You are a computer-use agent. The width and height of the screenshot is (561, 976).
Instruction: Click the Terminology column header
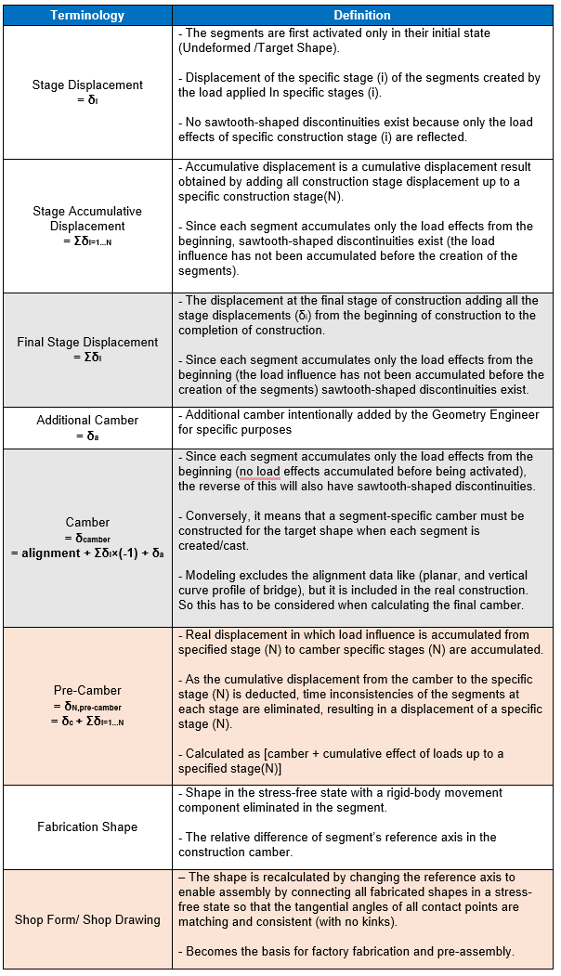click(87, 16)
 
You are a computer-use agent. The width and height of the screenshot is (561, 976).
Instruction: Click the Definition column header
click(362, 16)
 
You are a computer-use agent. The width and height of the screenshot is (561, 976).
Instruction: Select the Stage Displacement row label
click(87, 85)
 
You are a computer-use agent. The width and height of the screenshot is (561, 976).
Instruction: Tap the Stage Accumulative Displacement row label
click(87, 218)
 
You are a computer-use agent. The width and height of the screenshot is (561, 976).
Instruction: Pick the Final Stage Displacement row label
click(87, 342)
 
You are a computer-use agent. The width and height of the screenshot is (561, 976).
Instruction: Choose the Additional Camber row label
click(87, 420)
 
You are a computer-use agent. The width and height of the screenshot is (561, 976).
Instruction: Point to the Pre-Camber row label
click(87, 690)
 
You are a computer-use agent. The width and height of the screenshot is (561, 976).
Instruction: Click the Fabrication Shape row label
click(87, 826)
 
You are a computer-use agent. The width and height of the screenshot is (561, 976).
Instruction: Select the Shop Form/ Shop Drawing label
click(87, 919)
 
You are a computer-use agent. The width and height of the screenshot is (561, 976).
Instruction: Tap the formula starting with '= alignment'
click(87, 553)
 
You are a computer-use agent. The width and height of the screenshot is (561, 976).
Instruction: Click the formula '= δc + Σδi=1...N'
click(87, 722)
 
